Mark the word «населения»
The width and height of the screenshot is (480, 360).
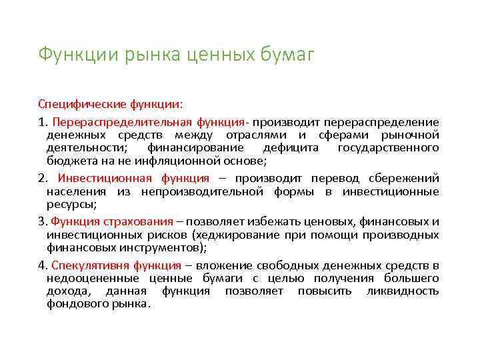click(75, 191)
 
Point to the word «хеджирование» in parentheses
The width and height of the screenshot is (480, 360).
click(231, 235)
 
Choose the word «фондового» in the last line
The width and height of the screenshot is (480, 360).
click(75, 304)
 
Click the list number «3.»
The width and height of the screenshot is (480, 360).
click(43, 222)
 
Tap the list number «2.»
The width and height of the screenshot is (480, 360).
click(43, 178)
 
